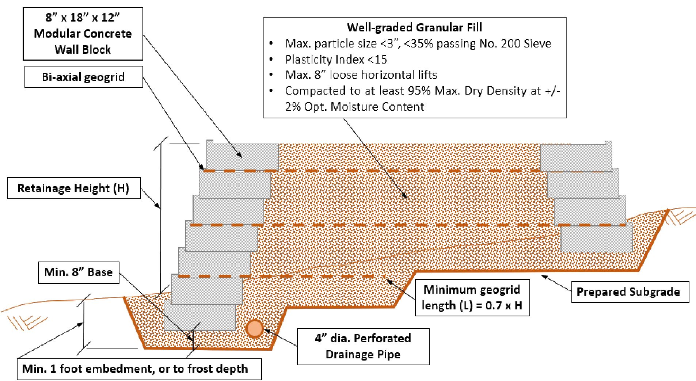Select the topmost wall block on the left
click(x=241, y=156)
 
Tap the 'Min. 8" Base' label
click(x=78, y=273)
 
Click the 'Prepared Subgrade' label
click(x=628, y=292)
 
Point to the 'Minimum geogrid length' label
click(x=471, y=298)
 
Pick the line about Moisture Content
click(x=354, y=107)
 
